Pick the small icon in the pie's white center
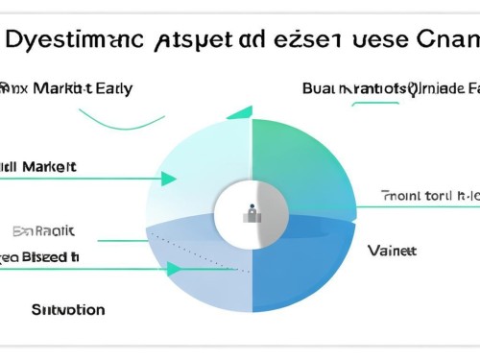pos(252,211)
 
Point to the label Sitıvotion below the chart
pos(68,310)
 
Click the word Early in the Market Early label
pos(108,88)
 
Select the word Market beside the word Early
pos(60,88)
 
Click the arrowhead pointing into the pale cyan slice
pos(169,179)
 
